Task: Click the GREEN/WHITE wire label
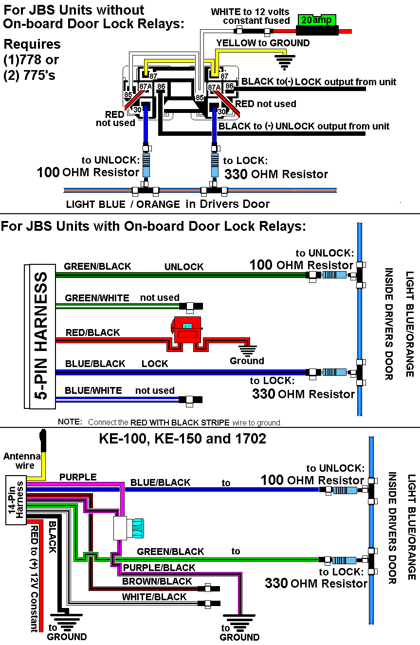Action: pos(97,298)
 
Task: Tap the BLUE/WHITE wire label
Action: pos(93,390)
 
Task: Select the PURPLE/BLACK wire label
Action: pos(159,568)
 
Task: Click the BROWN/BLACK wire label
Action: pos(157,581)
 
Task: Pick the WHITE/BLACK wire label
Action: pos(154,597)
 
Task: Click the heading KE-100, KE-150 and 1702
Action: pos(183,439)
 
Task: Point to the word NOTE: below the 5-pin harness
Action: pos(70,422)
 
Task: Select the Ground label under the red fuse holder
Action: pos(247,361)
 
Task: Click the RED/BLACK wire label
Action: pos(92,333)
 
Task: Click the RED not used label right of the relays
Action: pos(265,104)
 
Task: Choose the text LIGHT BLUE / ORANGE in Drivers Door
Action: pos(167,204)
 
